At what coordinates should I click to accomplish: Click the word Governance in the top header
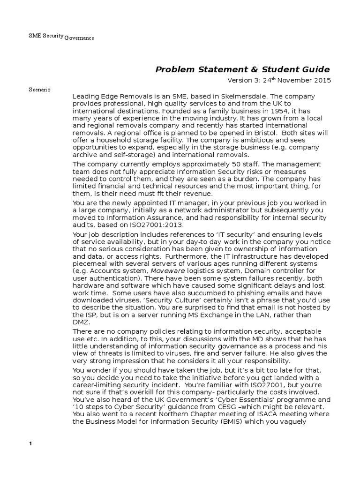click(x=79, y=38)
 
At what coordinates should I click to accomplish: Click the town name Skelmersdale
click(x=244, y=96)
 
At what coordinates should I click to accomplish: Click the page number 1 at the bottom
click(x=30, y=444)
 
